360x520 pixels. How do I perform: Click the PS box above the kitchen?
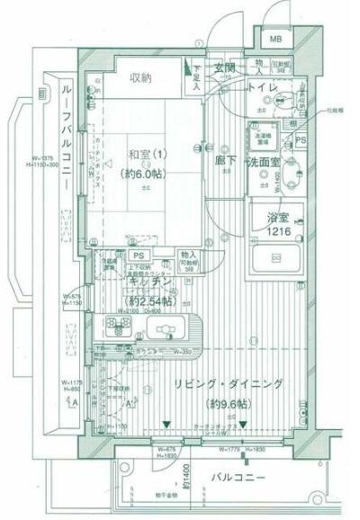[139, 255]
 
